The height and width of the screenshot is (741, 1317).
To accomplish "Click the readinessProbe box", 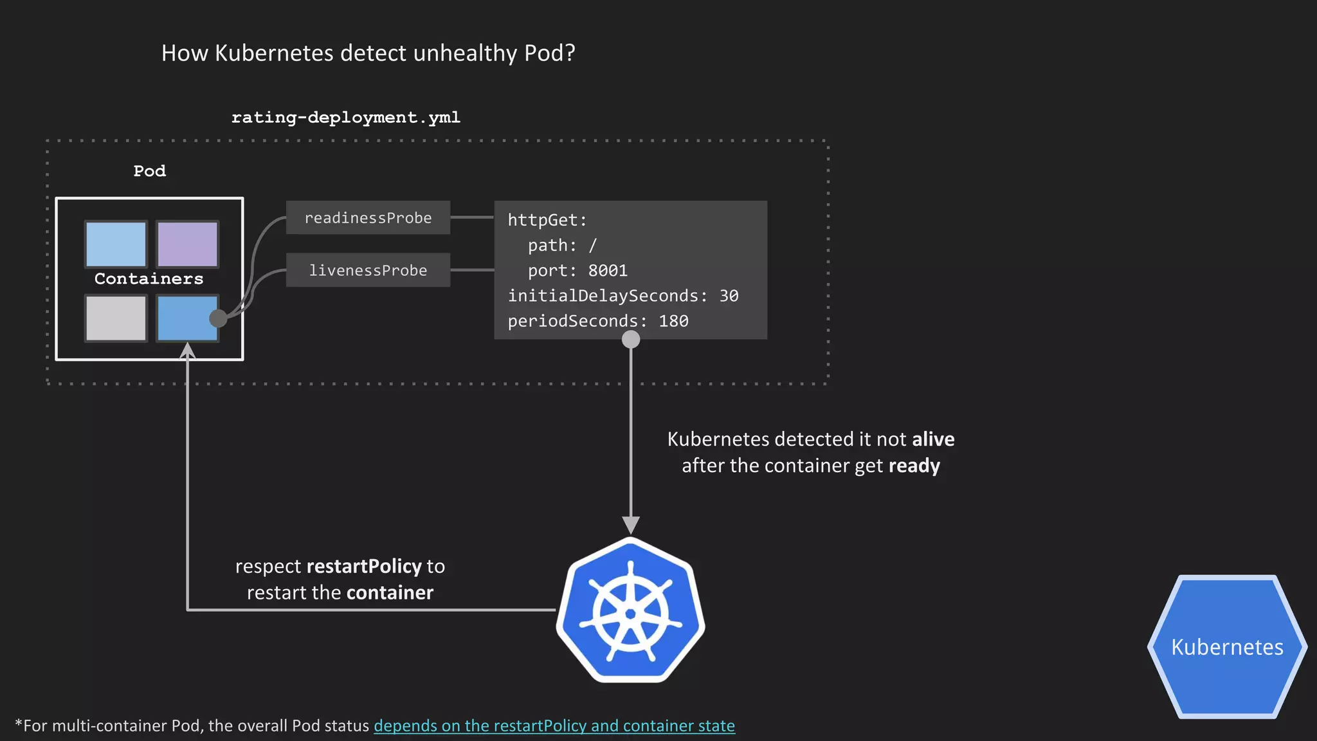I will coord(368,218).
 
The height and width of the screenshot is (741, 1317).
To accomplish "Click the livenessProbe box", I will coord(368,270).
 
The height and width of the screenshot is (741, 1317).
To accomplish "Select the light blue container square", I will coord(116,244).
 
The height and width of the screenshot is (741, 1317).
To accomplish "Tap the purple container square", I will coord(188,244).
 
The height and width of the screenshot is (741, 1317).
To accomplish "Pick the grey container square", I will coord(116,318).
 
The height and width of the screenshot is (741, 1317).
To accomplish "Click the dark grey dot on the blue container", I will coord(218,318).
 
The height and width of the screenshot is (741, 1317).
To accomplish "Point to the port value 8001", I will coord(608,271).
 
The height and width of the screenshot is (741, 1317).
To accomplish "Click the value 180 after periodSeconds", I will coord(673,321).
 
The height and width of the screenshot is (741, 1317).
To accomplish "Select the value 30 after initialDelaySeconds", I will coord(729,296).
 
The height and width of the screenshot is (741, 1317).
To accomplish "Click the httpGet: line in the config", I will coord(547,220).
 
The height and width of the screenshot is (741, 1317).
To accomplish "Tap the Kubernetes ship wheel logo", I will coord(630,611).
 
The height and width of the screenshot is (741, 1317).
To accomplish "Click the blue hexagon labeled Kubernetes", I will coord(1227,646).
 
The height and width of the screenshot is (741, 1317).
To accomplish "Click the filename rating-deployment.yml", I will coord(346,118).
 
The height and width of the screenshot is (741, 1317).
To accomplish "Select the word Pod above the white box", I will coord(150,171).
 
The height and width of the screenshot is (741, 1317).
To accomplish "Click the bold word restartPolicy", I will coord(364,566).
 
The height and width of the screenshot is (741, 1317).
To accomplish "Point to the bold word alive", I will coord(933,439).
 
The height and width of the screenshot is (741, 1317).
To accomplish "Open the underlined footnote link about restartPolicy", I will coord(554,726).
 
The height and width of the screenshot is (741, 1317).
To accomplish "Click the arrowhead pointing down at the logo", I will coord(631,524).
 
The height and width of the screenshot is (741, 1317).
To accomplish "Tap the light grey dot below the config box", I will coord(631,339).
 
